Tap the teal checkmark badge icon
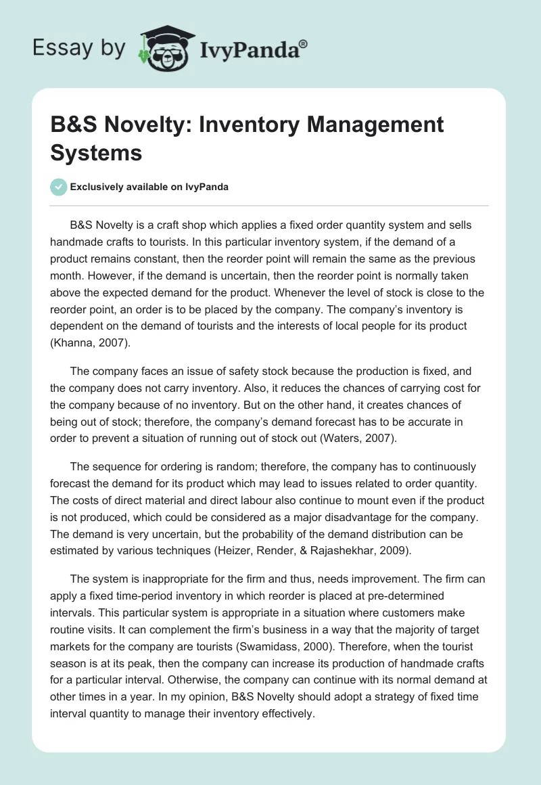58,187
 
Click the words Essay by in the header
78,48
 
